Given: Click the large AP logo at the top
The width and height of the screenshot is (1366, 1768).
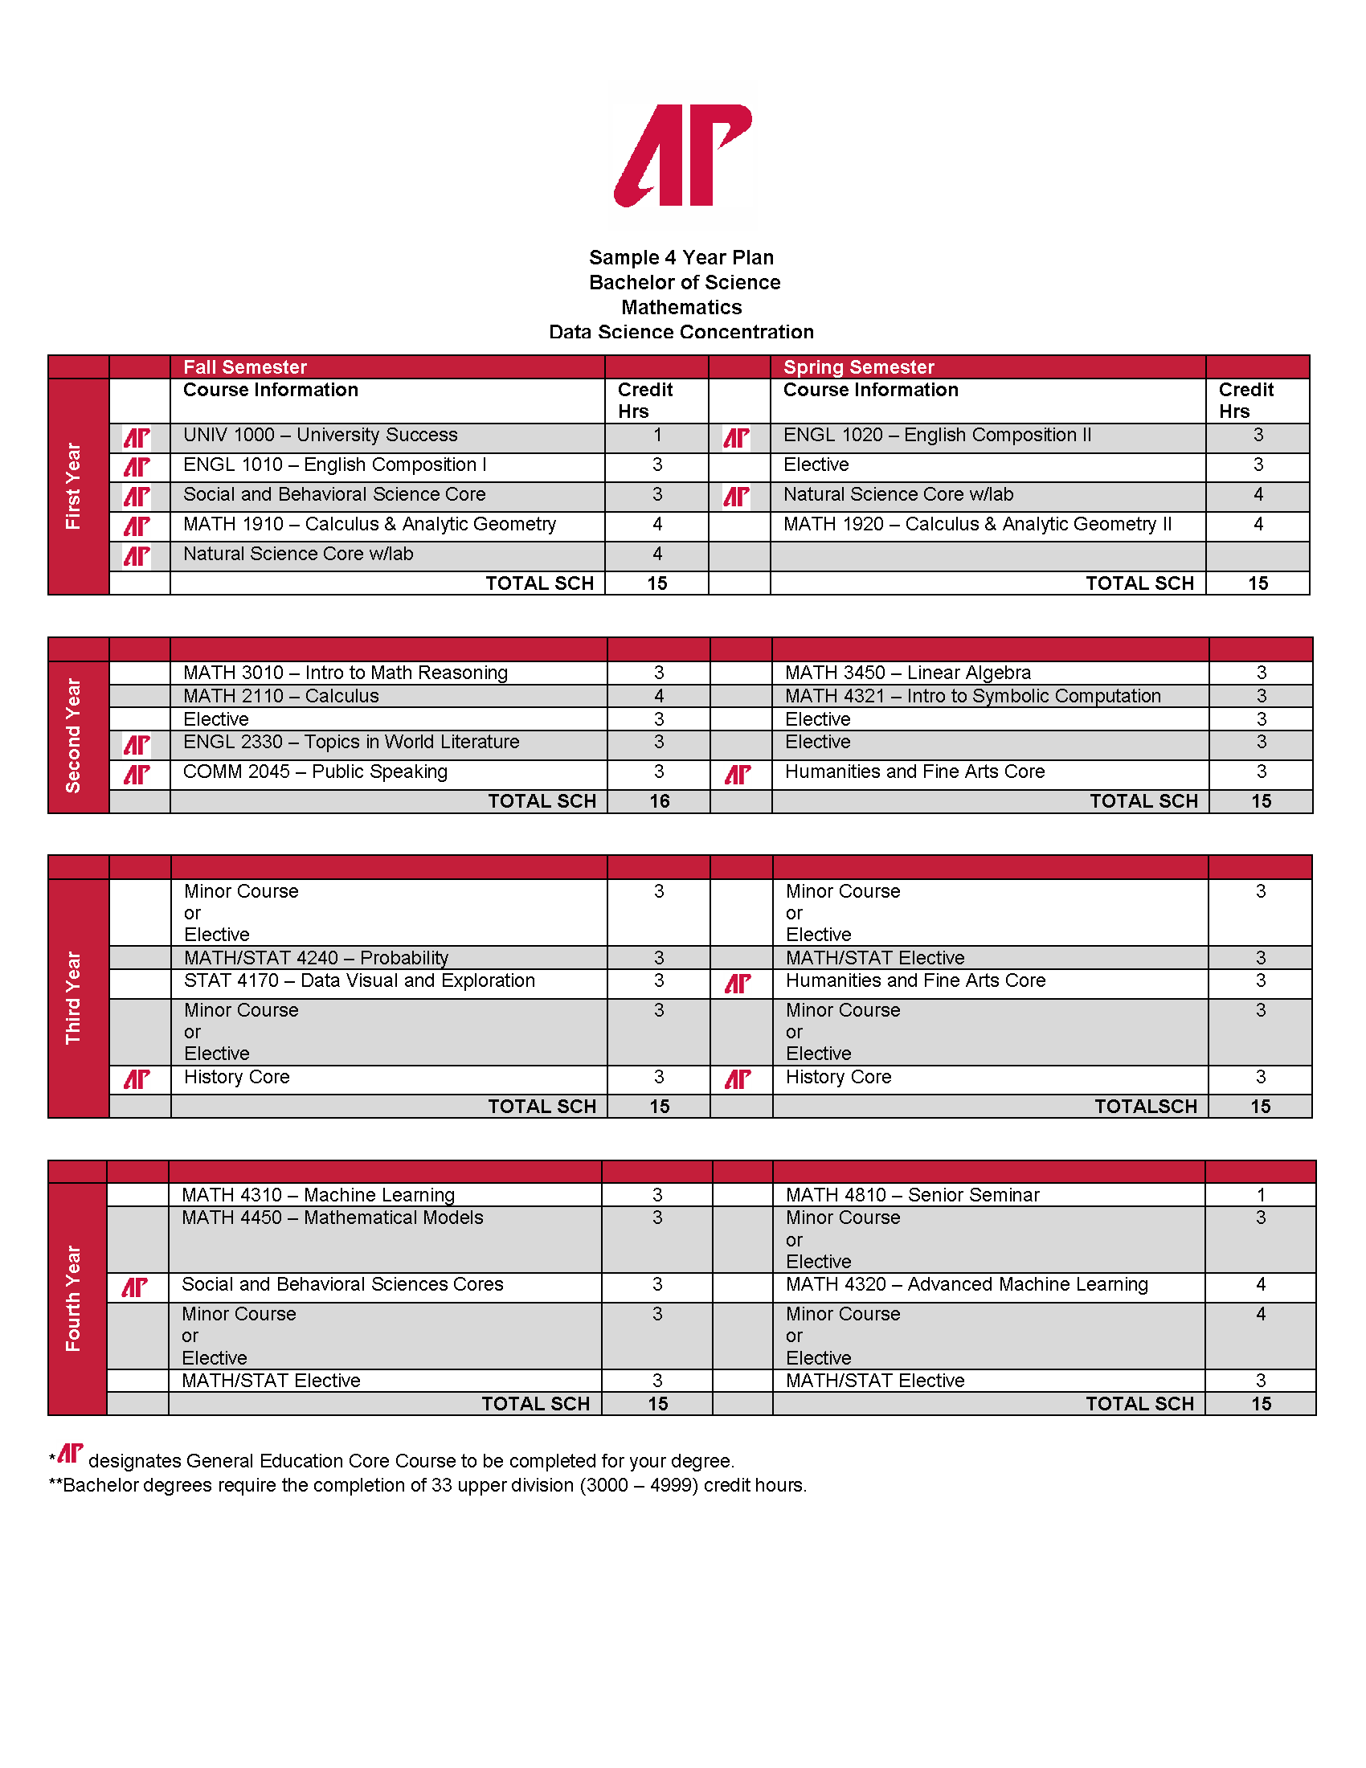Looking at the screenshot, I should coord(683,154).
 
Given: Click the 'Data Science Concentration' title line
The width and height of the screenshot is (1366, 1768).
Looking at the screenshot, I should coord(681,332).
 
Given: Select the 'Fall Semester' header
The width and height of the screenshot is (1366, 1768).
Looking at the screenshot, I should coord(244,366).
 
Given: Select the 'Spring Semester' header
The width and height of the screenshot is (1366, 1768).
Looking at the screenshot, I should coord(859,366).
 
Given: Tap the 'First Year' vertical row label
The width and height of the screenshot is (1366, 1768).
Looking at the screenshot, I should coord(74,485).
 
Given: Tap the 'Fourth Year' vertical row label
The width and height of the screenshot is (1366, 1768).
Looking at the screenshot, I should coord(74,1298).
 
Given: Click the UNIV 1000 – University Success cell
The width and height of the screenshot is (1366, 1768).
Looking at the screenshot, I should coord(321,436).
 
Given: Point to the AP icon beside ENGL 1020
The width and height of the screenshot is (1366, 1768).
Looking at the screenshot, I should coord(736,438).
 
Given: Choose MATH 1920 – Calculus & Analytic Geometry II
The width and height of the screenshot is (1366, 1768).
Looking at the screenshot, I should coord(978,525).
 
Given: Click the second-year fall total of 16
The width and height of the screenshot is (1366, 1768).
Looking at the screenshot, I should coord(660,801).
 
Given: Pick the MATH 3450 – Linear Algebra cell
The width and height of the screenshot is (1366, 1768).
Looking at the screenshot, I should coord(908,673).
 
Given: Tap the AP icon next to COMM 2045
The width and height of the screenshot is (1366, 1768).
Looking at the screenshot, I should coord(137,775).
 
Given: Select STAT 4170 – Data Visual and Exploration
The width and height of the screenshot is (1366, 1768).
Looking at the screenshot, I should coord(359,981).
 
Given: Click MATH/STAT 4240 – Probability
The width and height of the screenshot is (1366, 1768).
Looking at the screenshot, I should coord(317,958).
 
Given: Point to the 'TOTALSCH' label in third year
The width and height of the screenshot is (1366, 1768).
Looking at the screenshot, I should coord(1146,1107).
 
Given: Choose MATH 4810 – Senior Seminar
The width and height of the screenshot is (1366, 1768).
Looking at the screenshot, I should coord(912,1195).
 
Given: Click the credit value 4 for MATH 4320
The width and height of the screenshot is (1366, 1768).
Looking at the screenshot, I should coord(1261,1285).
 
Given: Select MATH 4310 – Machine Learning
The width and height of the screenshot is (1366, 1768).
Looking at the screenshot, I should coord(318,1195).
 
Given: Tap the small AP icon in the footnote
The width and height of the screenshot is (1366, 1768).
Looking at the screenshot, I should coord(71,1454).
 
